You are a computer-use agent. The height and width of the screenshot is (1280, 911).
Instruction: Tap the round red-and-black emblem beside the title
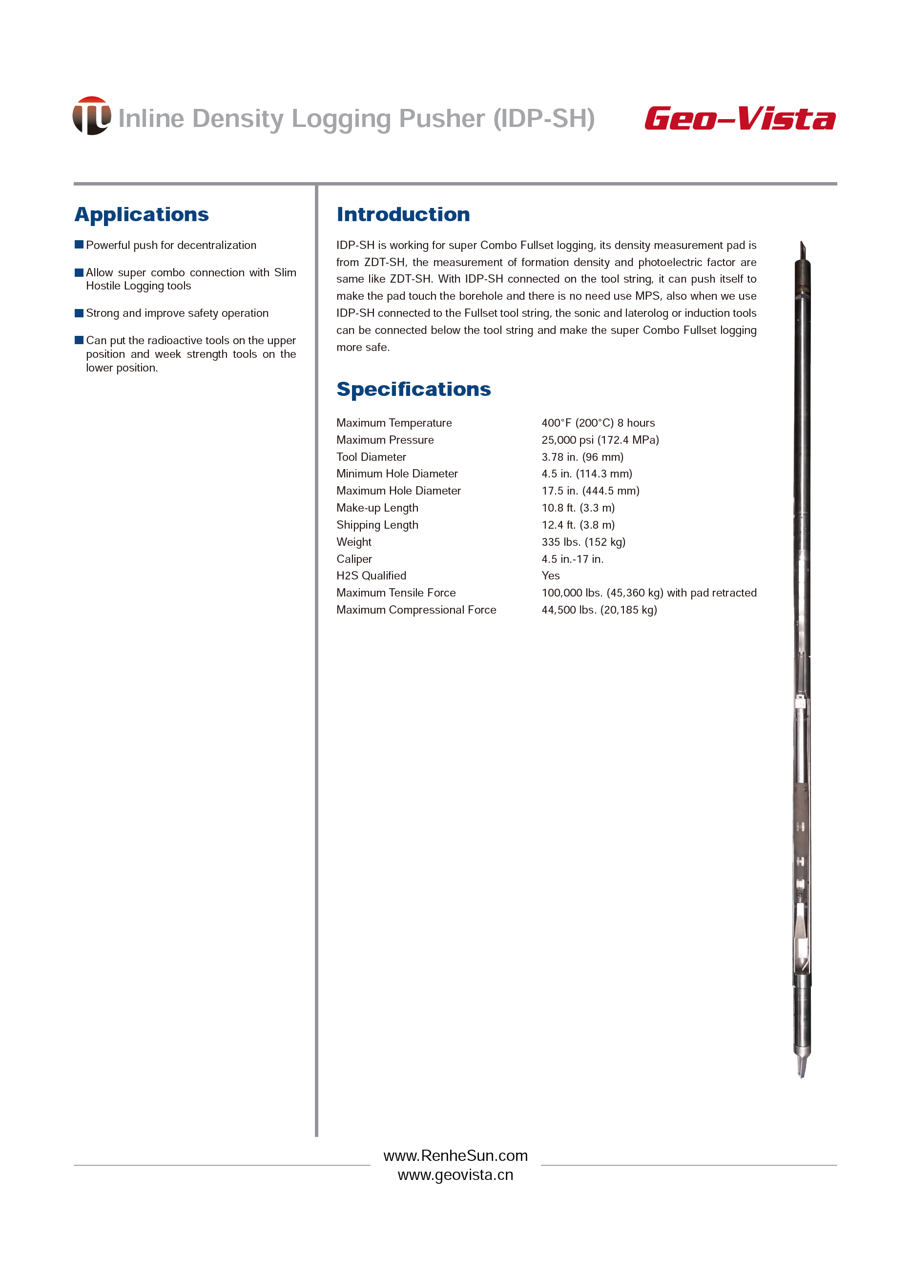tap(91, 116)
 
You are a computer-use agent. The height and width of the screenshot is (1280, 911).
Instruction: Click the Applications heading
tap(142, 214)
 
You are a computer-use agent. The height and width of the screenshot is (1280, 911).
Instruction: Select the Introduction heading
tap(403, 214)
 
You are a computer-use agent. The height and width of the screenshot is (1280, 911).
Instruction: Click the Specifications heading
tap(414, 389)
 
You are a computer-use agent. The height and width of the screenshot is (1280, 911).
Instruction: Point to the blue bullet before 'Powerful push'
tap(79, 245)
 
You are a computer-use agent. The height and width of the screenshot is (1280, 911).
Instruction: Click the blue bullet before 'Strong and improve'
tap(79, 312)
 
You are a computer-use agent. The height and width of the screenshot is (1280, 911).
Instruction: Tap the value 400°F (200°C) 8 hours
tap(598, 423)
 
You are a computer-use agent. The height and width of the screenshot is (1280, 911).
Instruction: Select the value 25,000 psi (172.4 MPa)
tap(600, 440)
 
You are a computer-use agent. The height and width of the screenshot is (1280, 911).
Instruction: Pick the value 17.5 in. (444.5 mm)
tap(590, 491)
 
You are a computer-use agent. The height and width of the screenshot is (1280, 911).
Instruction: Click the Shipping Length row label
tap(377, 525)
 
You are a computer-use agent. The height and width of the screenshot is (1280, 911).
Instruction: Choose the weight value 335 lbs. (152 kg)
tap(583, 542)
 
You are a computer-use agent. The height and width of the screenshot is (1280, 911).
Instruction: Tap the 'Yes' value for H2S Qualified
tap(550, 576)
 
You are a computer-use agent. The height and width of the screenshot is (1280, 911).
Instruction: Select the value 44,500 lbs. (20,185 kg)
tap(599, 610)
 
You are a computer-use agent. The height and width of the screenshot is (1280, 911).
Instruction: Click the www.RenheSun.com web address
tap(455, 1156)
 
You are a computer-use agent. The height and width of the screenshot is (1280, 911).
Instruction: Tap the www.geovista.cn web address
tap(455, 1175)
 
